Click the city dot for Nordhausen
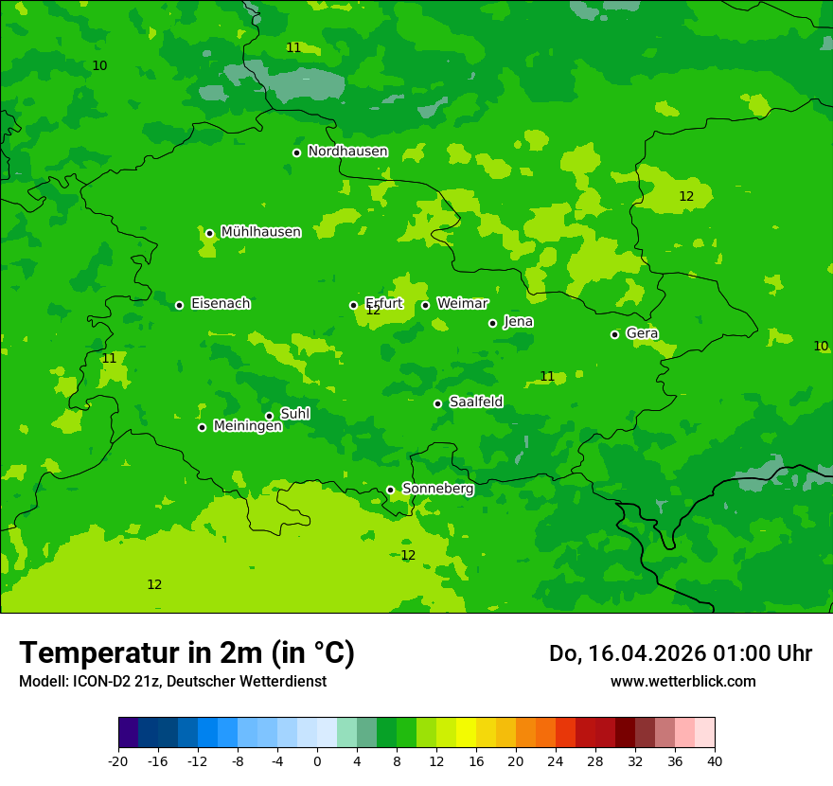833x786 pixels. click(x=296, y=152)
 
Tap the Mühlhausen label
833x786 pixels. click(x=260, y=232)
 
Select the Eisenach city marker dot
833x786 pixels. click(x=179, y=305)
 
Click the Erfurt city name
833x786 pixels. click(x=384, y=303)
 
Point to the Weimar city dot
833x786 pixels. click(x=425, y=305)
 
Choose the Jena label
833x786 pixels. click(x=518, y=322)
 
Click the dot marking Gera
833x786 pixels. click(x=614, y=334)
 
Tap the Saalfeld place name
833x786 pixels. click(x=475, y=402)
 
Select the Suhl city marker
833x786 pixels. click(x=269, y=416)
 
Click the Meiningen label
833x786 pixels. click(x=247, y=426)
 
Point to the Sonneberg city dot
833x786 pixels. click(x=390, y=491)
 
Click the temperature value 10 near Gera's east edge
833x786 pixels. click(x=821, y=347)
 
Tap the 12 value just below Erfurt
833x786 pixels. click(x=373, y=311)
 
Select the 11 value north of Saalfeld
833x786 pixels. click(x=547, y=377)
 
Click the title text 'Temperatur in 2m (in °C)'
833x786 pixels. click(x=186, y=653)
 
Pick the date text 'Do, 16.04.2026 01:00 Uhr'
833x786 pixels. click(x=680, y=653)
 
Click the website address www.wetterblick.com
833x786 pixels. click(x=682, y=681)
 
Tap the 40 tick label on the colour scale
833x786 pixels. click(x=714, y=760)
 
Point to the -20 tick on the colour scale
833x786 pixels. click(x=118, y=760)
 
